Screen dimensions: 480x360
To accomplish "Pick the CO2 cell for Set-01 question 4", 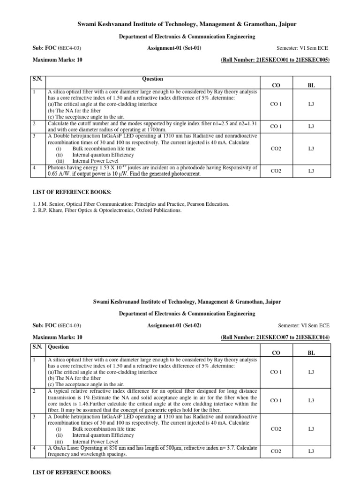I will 276,171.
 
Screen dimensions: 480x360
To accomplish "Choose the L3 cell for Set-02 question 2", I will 311,400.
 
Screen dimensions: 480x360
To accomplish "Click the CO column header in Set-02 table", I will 276,352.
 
